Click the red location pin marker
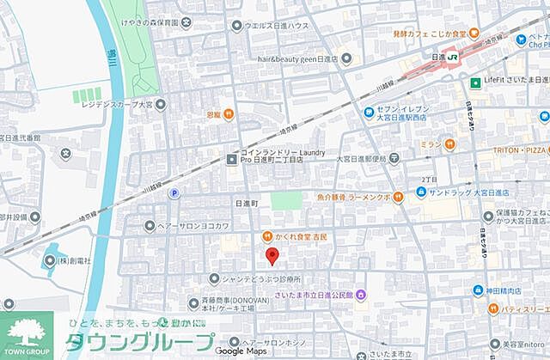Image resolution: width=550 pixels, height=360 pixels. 272,255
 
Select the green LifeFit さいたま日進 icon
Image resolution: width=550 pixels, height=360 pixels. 474,82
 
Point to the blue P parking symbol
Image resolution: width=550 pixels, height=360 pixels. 174,194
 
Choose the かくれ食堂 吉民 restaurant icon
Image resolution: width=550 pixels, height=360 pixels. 266,235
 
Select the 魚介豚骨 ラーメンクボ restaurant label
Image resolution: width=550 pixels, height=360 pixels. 364,196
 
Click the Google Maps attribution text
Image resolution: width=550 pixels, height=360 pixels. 241,351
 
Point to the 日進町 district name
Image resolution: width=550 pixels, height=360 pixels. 246,204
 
